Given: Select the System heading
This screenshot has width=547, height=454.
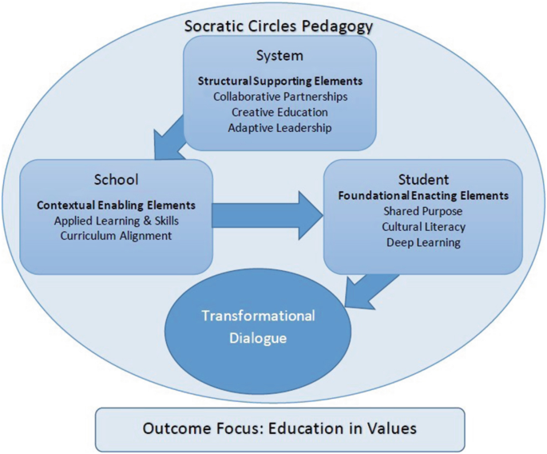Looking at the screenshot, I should [x=279, y=56].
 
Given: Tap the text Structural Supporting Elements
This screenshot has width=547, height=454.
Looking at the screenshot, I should [x=279, y=82].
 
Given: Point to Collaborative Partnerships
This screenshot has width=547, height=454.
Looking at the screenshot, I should [x=279, y=97].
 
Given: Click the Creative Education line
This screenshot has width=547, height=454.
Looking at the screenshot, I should [x=279, y=112].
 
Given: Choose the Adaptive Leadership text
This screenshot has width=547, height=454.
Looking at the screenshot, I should [x=279, y=127].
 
